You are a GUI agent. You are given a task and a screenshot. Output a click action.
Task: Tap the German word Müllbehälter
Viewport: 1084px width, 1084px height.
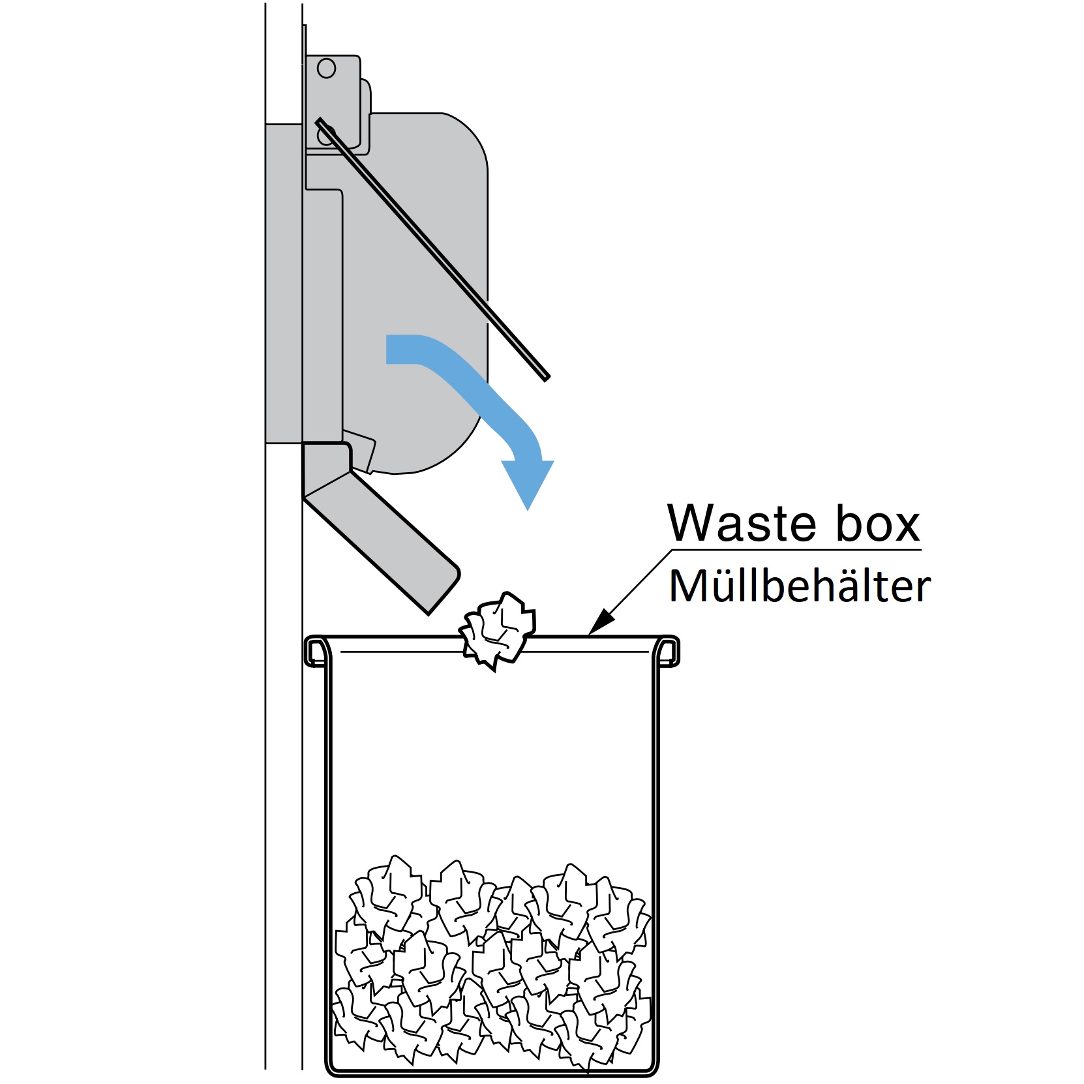tap(800, 586)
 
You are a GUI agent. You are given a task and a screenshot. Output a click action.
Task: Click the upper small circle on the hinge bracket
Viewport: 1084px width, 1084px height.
tap(326, 68)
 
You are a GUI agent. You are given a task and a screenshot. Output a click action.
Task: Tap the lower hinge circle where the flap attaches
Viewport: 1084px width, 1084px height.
tap(325, 135)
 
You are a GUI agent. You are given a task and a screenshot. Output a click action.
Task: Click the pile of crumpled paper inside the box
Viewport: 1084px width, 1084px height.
tap(492, 965)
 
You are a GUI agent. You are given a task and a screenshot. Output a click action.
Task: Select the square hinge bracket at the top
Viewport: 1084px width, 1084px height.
tap(333, 101)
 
